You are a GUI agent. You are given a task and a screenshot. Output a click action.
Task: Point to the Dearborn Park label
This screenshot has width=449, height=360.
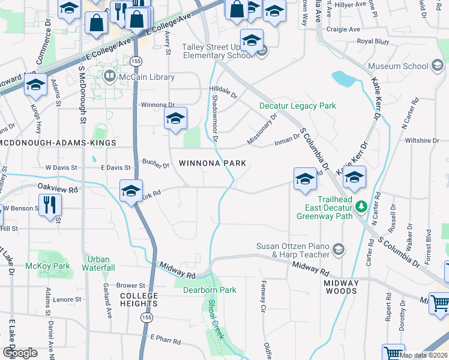coord(209,290)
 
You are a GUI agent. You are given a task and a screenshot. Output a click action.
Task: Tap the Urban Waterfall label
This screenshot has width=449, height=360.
coord(98,263)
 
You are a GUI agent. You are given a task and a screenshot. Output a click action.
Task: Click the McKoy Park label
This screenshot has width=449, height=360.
coord(47,266)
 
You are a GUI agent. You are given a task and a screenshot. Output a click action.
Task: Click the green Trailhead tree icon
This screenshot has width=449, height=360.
coord(361,207)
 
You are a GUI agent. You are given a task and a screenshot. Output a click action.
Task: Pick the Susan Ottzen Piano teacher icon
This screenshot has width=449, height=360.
coord(339,249)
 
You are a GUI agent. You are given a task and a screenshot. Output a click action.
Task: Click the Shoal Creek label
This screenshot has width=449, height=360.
coord(215,320)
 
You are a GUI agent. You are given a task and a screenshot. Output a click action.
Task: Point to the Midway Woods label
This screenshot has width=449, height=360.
coord(341,287)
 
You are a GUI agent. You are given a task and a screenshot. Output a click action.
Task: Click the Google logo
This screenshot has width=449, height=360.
coord(19,353)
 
